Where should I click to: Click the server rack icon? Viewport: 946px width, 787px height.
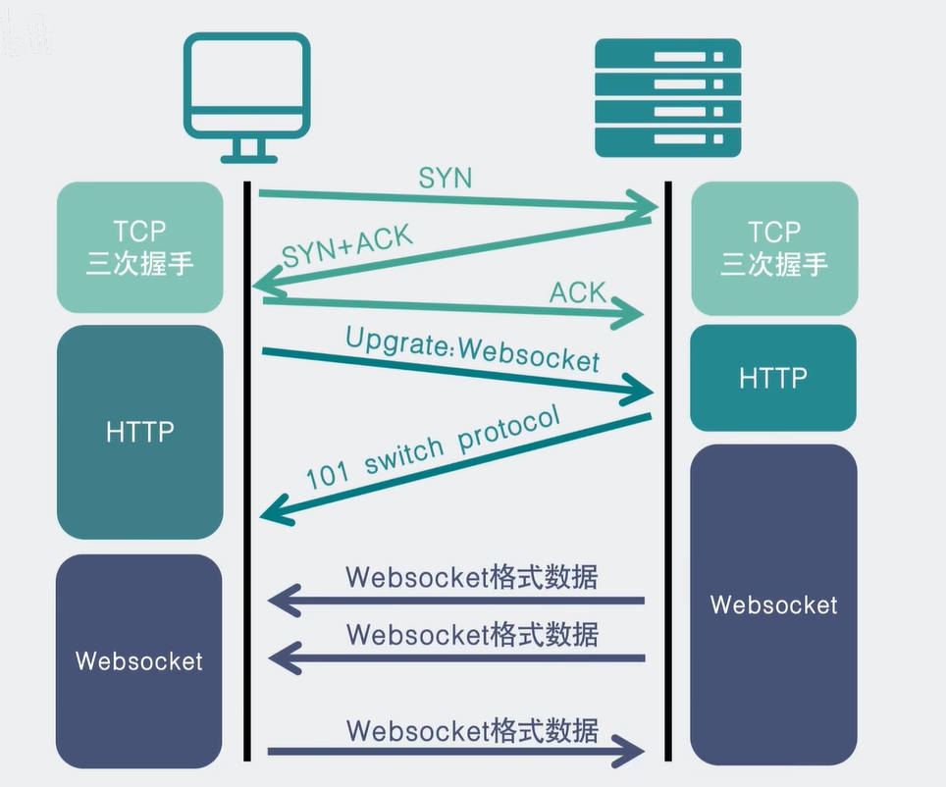click(x=668, y=97)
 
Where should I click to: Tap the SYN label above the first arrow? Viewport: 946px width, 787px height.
click(x=446, y=178)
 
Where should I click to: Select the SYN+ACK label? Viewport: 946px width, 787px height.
click(x=348, y=246)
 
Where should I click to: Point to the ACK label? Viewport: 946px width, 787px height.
click(x=577, y=291)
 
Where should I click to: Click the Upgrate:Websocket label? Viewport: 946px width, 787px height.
click(x=471, y=348)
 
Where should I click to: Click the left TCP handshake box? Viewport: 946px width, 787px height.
click(x=140, y=247)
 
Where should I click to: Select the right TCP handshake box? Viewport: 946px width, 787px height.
click(x=774, y=247)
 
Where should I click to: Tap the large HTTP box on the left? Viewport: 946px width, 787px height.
click(x=140, y=432)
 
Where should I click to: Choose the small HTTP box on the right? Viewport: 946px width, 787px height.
click(x=773, y=378)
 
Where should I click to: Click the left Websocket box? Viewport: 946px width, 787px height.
click(x=140, y=660)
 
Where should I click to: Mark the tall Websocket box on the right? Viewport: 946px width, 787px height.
click(x=773, y=603)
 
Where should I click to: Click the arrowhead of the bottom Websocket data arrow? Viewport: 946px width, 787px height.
click(x=633, y=753)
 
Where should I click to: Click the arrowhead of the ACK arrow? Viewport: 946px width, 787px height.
click(x=633, y=316)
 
